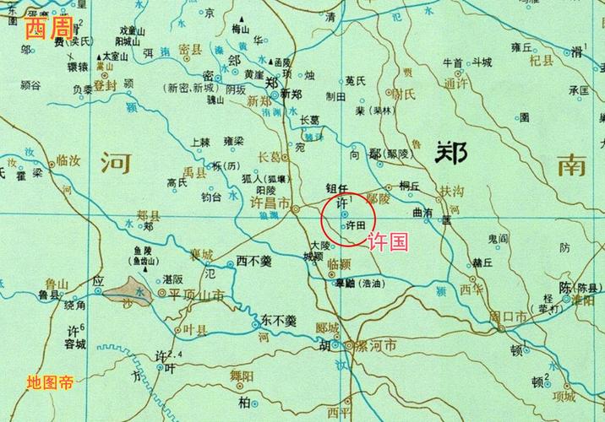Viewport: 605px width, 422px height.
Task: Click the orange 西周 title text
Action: [x=47, y=30]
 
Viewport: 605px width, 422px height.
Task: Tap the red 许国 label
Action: [x=388, y=242]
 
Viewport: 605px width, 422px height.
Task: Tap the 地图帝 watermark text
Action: [x=50, y=382]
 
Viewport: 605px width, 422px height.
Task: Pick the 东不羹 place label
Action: [x=278, y=321]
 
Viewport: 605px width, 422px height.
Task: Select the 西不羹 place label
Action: [x=253, y=262]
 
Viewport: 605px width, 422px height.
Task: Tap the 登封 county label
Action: [x=105, y=85]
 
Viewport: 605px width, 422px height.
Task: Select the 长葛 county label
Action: [x=268, y=156]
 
